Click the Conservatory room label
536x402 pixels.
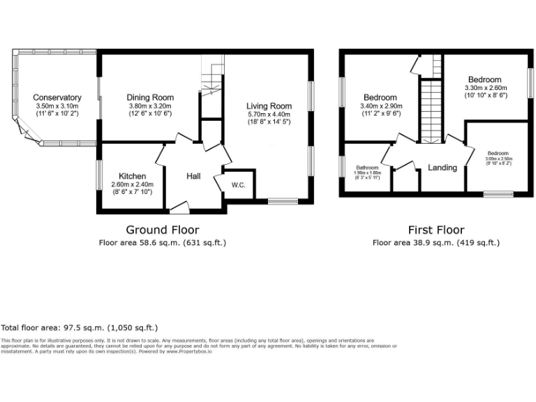[57, 98]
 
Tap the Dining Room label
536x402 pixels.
[150, 98]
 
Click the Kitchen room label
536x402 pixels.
[132, 176]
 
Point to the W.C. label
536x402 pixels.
[239, 185]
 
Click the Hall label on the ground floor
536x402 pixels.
[193, 177]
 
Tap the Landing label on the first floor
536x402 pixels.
[442, 167]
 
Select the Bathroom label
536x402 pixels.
[367, 168]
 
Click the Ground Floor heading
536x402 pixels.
[162, 230]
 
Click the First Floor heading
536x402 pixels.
[436, 230]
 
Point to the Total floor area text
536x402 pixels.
[80, 327]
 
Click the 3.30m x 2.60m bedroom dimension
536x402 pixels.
[485, 88]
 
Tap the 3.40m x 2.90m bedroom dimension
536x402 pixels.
[380, 106]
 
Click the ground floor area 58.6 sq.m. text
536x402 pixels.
[162, 242]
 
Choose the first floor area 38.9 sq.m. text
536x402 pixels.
[436, 242]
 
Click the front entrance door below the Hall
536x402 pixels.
[179, 206]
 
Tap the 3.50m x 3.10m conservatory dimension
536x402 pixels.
[57, 106]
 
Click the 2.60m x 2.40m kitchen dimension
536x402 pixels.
[132, 184]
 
